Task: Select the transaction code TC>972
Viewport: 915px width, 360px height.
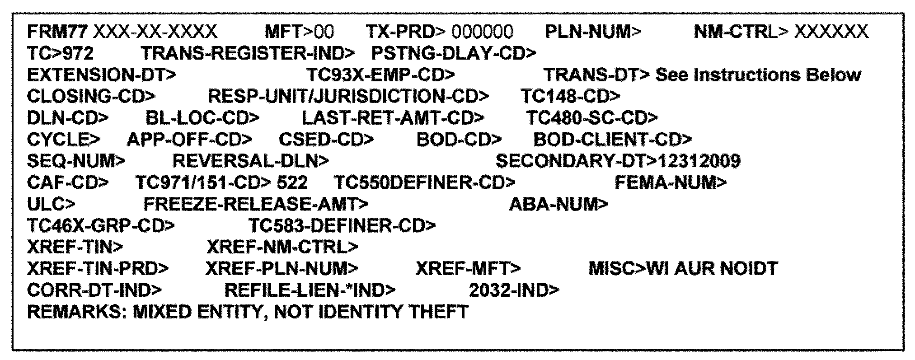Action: click(60, 53)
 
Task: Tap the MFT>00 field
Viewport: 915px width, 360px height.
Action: click(299, 32)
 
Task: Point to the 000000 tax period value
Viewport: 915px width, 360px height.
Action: click(482, 32)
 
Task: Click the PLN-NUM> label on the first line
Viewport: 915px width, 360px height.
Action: click(593, 32)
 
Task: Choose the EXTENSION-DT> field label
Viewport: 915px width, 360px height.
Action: click(101, 75)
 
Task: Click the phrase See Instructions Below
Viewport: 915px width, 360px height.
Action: click(758, 75)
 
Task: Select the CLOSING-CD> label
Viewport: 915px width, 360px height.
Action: click(91, 96)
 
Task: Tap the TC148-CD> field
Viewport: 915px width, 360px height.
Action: click(570, 96)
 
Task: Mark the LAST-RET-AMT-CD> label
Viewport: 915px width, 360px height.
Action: click(393, 118)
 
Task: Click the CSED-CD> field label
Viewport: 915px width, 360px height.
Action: click(326, 140)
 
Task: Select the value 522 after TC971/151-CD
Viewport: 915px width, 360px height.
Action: click(292, 183)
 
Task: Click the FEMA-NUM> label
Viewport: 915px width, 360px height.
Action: click(671, 183)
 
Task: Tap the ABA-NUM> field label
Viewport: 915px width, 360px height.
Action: click(558, 205)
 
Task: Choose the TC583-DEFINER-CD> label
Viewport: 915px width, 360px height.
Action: click(342, 225)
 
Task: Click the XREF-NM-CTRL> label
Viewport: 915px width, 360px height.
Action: click(282, 247)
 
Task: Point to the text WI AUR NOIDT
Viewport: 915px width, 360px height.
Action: click(712, 269)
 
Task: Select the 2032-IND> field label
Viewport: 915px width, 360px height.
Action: click(514, 290)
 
